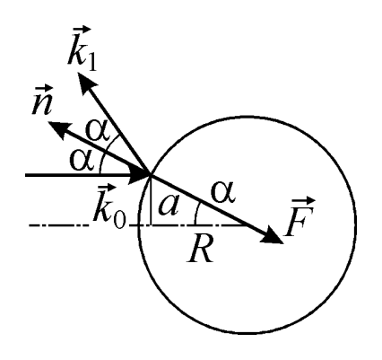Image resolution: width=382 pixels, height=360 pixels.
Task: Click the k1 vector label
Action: [x=82, y=48]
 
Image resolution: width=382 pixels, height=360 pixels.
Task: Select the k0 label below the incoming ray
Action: [x=109, y=207]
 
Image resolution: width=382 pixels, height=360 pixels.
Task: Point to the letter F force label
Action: [x=300, y=216]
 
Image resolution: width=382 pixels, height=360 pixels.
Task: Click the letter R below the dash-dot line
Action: [x=200, y=248]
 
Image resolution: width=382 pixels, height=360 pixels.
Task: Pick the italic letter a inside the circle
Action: [x=169, y=206]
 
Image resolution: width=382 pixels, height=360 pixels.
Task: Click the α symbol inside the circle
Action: [x=223, y=193]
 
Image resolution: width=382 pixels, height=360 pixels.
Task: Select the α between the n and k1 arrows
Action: [x=97, y=131]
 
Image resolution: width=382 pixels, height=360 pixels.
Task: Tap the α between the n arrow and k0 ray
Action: [x=82, y=159]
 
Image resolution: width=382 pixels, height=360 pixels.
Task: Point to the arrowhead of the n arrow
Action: [x=60, y=129]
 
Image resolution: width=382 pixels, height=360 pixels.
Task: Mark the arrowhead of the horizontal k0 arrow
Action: [x=139, y=175]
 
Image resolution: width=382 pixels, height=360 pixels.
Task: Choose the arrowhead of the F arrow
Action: [x=273, y=235]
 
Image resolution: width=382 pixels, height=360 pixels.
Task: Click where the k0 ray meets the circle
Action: [x=151, y=175]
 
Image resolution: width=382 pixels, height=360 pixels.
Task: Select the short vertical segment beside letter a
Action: [x=151, y=200]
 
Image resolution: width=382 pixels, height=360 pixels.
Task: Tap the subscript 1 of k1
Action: [x=92, y=63]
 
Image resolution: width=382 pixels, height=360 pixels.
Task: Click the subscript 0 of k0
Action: [x=119, y=220]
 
